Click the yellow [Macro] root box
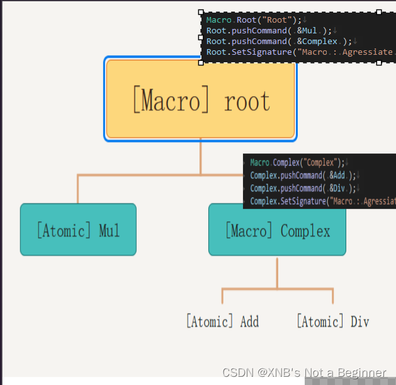tap(200, 99)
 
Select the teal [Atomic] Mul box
tap(78, 230)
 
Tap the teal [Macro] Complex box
tap(277, 230)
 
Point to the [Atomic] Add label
tap(222, 321)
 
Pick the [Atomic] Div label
tap(332, 321)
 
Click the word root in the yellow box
tap(247, 101)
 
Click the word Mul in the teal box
tap(109, 230)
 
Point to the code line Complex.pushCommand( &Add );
tap(303, 176)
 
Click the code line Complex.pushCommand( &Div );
tap(303, 188)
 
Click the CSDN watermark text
tap(304, 372)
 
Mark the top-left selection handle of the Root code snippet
tap(201, 11)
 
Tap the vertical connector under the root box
tap(200, 157)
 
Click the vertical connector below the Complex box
tap(277, 272)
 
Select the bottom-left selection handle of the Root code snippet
tap(201, 62)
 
